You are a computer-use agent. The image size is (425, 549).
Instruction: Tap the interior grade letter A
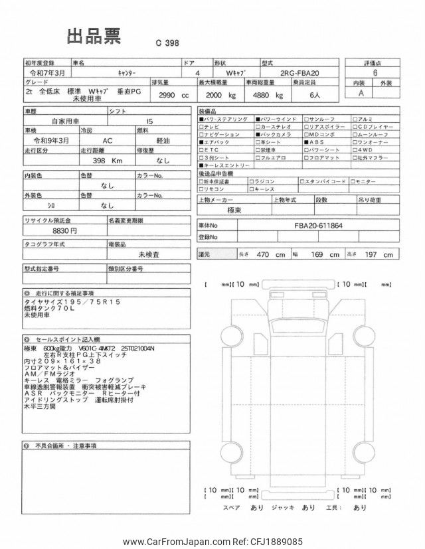[361, 93]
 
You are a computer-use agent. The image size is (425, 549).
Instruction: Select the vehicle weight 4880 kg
[264, 95]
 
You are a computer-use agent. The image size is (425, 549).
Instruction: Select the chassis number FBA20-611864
[319, 225]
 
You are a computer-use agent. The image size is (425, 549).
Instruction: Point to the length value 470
[266, 254]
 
